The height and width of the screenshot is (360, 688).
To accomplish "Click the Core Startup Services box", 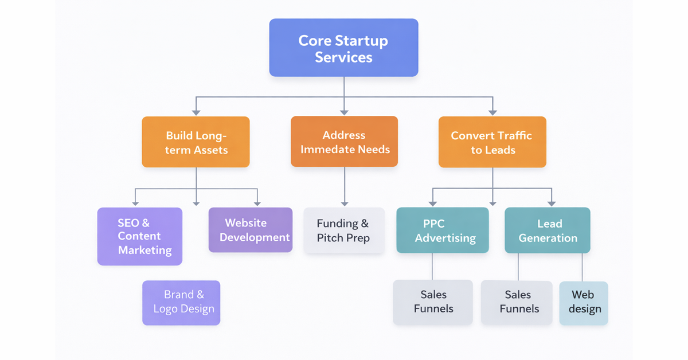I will (x=343, y=48).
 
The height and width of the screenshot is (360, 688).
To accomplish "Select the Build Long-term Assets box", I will (x=196, y=142).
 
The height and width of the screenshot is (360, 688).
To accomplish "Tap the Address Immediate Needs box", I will (x=344, y=142).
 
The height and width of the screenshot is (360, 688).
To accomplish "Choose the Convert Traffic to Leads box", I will (x=492, y=142).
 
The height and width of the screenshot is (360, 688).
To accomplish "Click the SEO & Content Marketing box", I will (x=139, y=236).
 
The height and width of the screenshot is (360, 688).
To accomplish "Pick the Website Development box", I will (x=250, y=230).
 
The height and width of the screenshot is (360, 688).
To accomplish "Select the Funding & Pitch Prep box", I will (x=343, y=230).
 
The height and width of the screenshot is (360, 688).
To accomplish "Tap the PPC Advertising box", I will (x=442, y=230).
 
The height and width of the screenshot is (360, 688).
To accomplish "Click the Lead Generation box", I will (x=547, y=230).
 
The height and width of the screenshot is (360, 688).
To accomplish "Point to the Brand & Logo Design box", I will (x=181, y=303).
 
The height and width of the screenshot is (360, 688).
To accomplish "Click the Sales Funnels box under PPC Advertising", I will (x=433, y=302).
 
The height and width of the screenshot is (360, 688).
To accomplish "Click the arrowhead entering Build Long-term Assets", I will (x=196, y=112).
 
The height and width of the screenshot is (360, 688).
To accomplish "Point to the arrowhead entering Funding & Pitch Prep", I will (x=345, y=203).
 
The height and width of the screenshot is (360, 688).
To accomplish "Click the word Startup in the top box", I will (x=361, y=41).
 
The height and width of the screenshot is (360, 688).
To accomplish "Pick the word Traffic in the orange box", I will (x=512, y=136).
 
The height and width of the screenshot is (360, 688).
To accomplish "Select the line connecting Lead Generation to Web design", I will (x=583, y=267).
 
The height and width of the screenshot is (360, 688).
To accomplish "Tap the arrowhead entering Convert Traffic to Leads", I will (x=492, y=112).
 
